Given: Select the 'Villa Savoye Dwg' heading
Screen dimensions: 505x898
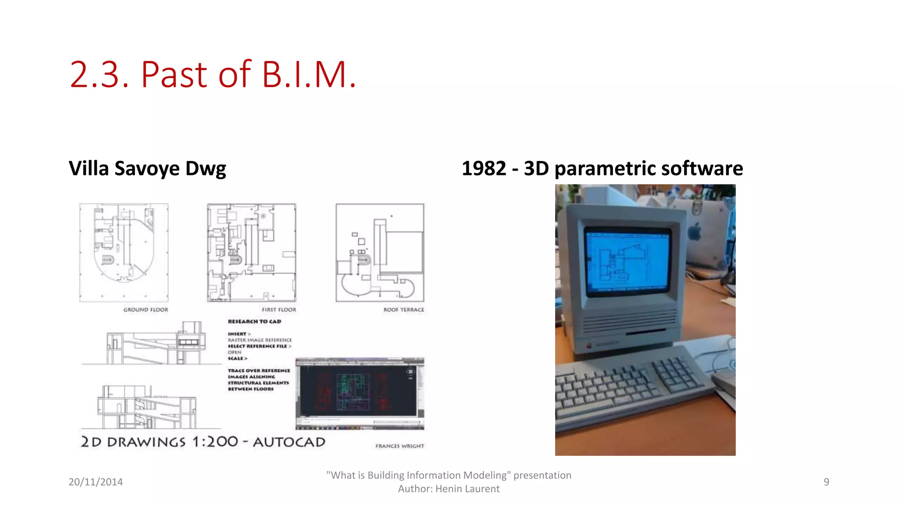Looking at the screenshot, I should point(147,169).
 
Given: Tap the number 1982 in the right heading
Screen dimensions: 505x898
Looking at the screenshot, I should point(484,169).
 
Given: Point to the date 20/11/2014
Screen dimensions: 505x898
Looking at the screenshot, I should point(96,482).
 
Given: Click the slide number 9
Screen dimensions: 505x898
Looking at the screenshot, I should point(826,482).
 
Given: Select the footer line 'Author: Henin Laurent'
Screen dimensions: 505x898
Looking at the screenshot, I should point(449,489).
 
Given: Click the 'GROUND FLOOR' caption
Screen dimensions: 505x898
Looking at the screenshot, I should point(146,309).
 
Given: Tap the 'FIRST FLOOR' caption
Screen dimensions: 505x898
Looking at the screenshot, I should point(279,309).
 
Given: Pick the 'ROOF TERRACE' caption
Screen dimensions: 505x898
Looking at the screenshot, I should point(403,309).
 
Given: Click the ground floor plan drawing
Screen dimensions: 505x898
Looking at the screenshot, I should point(124,252).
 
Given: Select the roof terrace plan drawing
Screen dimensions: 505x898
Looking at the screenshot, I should point(380,252).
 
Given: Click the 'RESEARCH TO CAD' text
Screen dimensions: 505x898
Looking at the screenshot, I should point(254,321).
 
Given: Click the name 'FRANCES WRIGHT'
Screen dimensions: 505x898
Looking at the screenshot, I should point(399,446).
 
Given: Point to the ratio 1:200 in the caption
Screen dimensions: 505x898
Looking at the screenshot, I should point(215,441).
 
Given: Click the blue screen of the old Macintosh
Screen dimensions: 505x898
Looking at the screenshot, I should point(627,261).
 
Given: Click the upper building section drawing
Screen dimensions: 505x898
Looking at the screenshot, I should point(151,344).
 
